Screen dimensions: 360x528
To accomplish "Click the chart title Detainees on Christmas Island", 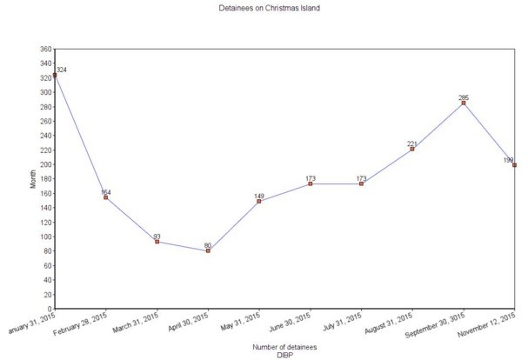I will (x=264, y=7).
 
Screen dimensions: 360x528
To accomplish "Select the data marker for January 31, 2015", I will (x=55, y=76).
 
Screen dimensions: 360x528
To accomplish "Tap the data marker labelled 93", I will (x=157, y=242).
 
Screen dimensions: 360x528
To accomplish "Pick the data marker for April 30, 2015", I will (x=208, y=250).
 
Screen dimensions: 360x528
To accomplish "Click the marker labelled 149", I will (x=259, y=201).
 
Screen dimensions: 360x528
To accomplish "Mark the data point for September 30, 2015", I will (x=464, y=103).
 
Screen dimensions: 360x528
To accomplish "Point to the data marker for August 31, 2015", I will (x=412, y=150).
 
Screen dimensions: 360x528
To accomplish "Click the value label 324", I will (x=63, y=69).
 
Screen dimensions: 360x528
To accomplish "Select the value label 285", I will (x=464, y=97).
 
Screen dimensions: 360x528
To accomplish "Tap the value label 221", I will (x=412, y=143).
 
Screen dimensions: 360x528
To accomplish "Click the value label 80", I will (x=208, y=245).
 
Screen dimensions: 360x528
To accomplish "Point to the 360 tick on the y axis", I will (x=45, y=50).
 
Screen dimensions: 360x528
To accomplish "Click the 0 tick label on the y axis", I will (x=49, y=309).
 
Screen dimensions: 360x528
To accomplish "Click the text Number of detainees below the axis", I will (x=284, y=347).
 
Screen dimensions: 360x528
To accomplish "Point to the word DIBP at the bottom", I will (x=284, y=355).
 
